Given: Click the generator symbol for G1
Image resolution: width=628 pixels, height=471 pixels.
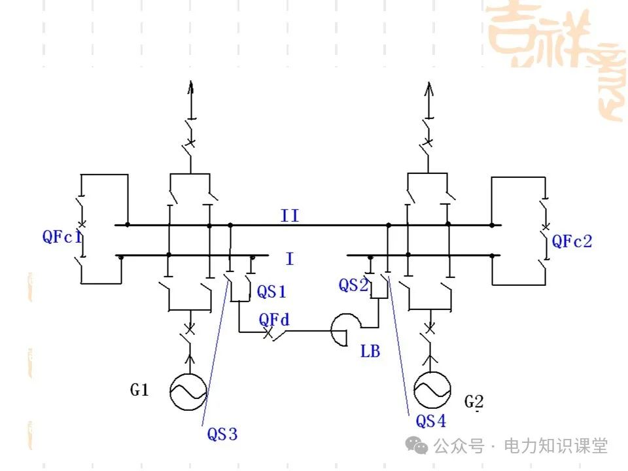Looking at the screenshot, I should point(188,391).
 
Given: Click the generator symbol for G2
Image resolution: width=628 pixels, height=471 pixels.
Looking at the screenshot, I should point(432,391).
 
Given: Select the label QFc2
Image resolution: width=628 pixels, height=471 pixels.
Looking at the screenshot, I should point(572,241).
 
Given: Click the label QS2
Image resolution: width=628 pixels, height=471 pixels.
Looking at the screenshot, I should point(354,285).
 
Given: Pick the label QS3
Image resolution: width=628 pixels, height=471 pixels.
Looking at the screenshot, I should point(222,434).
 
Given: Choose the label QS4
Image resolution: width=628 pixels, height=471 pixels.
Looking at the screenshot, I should point(431,421).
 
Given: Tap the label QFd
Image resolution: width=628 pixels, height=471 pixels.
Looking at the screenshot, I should point(274,320).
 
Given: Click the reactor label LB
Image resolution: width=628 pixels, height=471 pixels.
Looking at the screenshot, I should point(370,351).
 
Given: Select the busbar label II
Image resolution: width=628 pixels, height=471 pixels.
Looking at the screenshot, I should point(289,215).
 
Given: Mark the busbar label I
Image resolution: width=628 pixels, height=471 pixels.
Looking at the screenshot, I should point(289,259).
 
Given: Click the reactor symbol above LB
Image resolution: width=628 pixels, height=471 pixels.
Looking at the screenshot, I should point(344,329).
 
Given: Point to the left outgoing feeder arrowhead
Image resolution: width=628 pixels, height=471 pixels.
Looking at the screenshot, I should point(190,88).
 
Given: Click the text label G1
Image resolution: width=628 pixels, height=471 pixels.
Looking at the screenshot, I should point(139,391).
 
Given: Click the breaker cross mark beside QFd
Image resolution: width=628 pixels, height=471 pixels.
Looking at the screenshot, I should point(267,334).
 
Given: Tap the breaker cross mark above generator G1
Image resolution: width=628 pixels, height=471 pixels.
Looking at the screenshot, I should point(190,328).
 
